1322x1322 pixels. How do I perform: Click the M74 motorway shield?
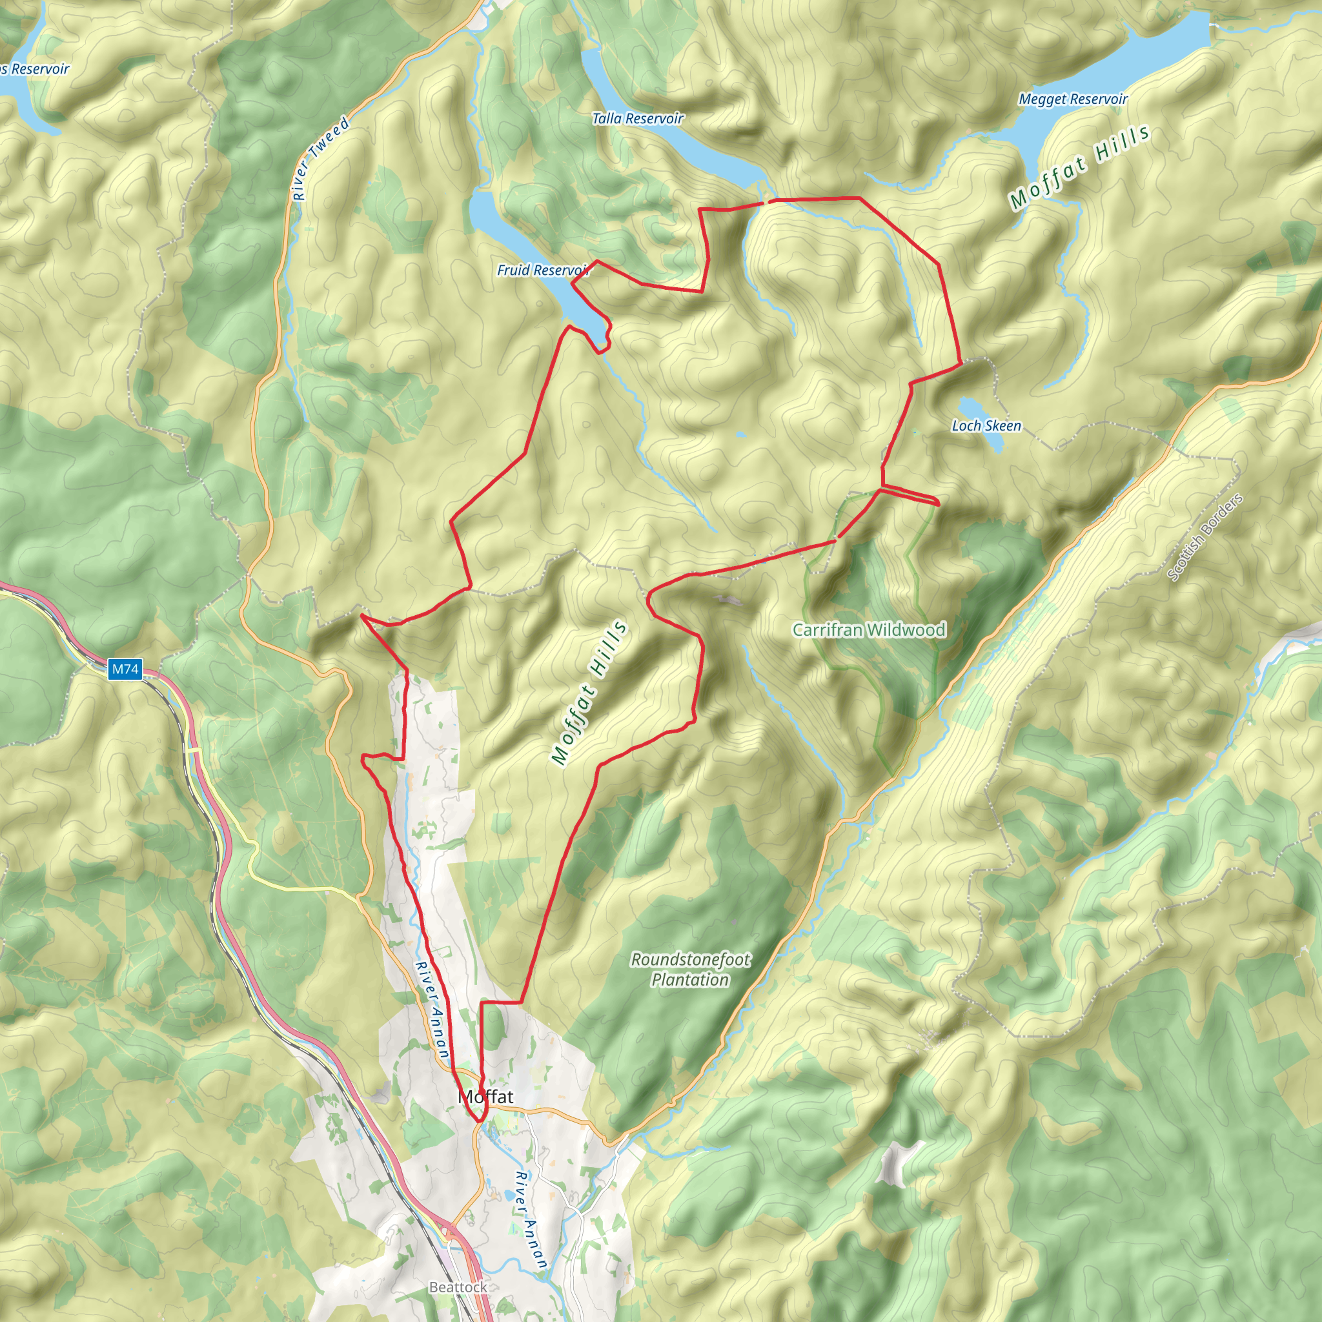(x=125, y=669)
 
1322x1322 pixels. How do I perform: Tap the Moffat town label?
(x=485, y=1096)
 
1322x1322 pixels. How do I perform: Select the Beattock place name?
(x=458, y=1287)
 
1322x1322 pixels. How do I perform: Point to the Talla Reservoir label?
(x=637, y=118)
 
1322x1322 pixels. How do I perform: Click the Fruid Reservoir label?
(x=542, y=270)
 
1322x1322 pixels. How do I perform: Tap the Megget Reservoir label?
(x=1072, y=99)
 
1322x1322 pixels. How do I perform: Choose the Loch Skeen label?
(x=986, y=425)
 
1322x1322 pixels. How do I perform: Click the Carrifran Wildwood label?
(x=868, y=629)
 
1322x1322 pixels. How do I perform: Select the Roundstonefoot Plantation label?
(x=690, y=970)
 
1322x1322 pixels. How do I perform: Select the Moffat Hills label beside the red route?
(x=589, y=692)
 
